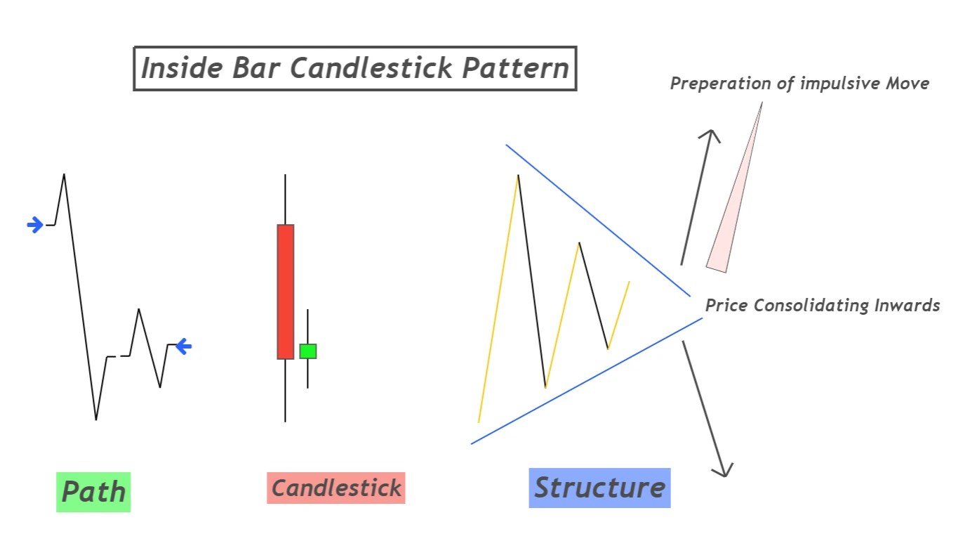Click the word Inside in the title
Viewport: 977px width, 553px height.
179,69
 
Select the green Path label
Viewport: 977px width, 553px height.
93,492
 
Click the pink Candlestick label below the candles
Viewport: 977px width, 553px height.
336,488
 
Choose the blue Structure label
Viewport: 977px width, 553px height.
599,488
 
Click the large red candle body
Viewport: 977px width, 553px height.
286,292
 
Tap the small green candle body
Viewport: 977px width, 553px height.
308,351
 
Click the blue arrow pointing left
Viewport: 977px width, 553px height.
183,346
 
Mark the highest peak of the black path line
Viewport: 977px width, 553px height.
64,174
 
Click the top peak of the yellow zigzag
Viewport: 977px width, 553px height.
518,175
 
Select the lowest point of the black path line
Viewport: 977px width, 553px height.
96,419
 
